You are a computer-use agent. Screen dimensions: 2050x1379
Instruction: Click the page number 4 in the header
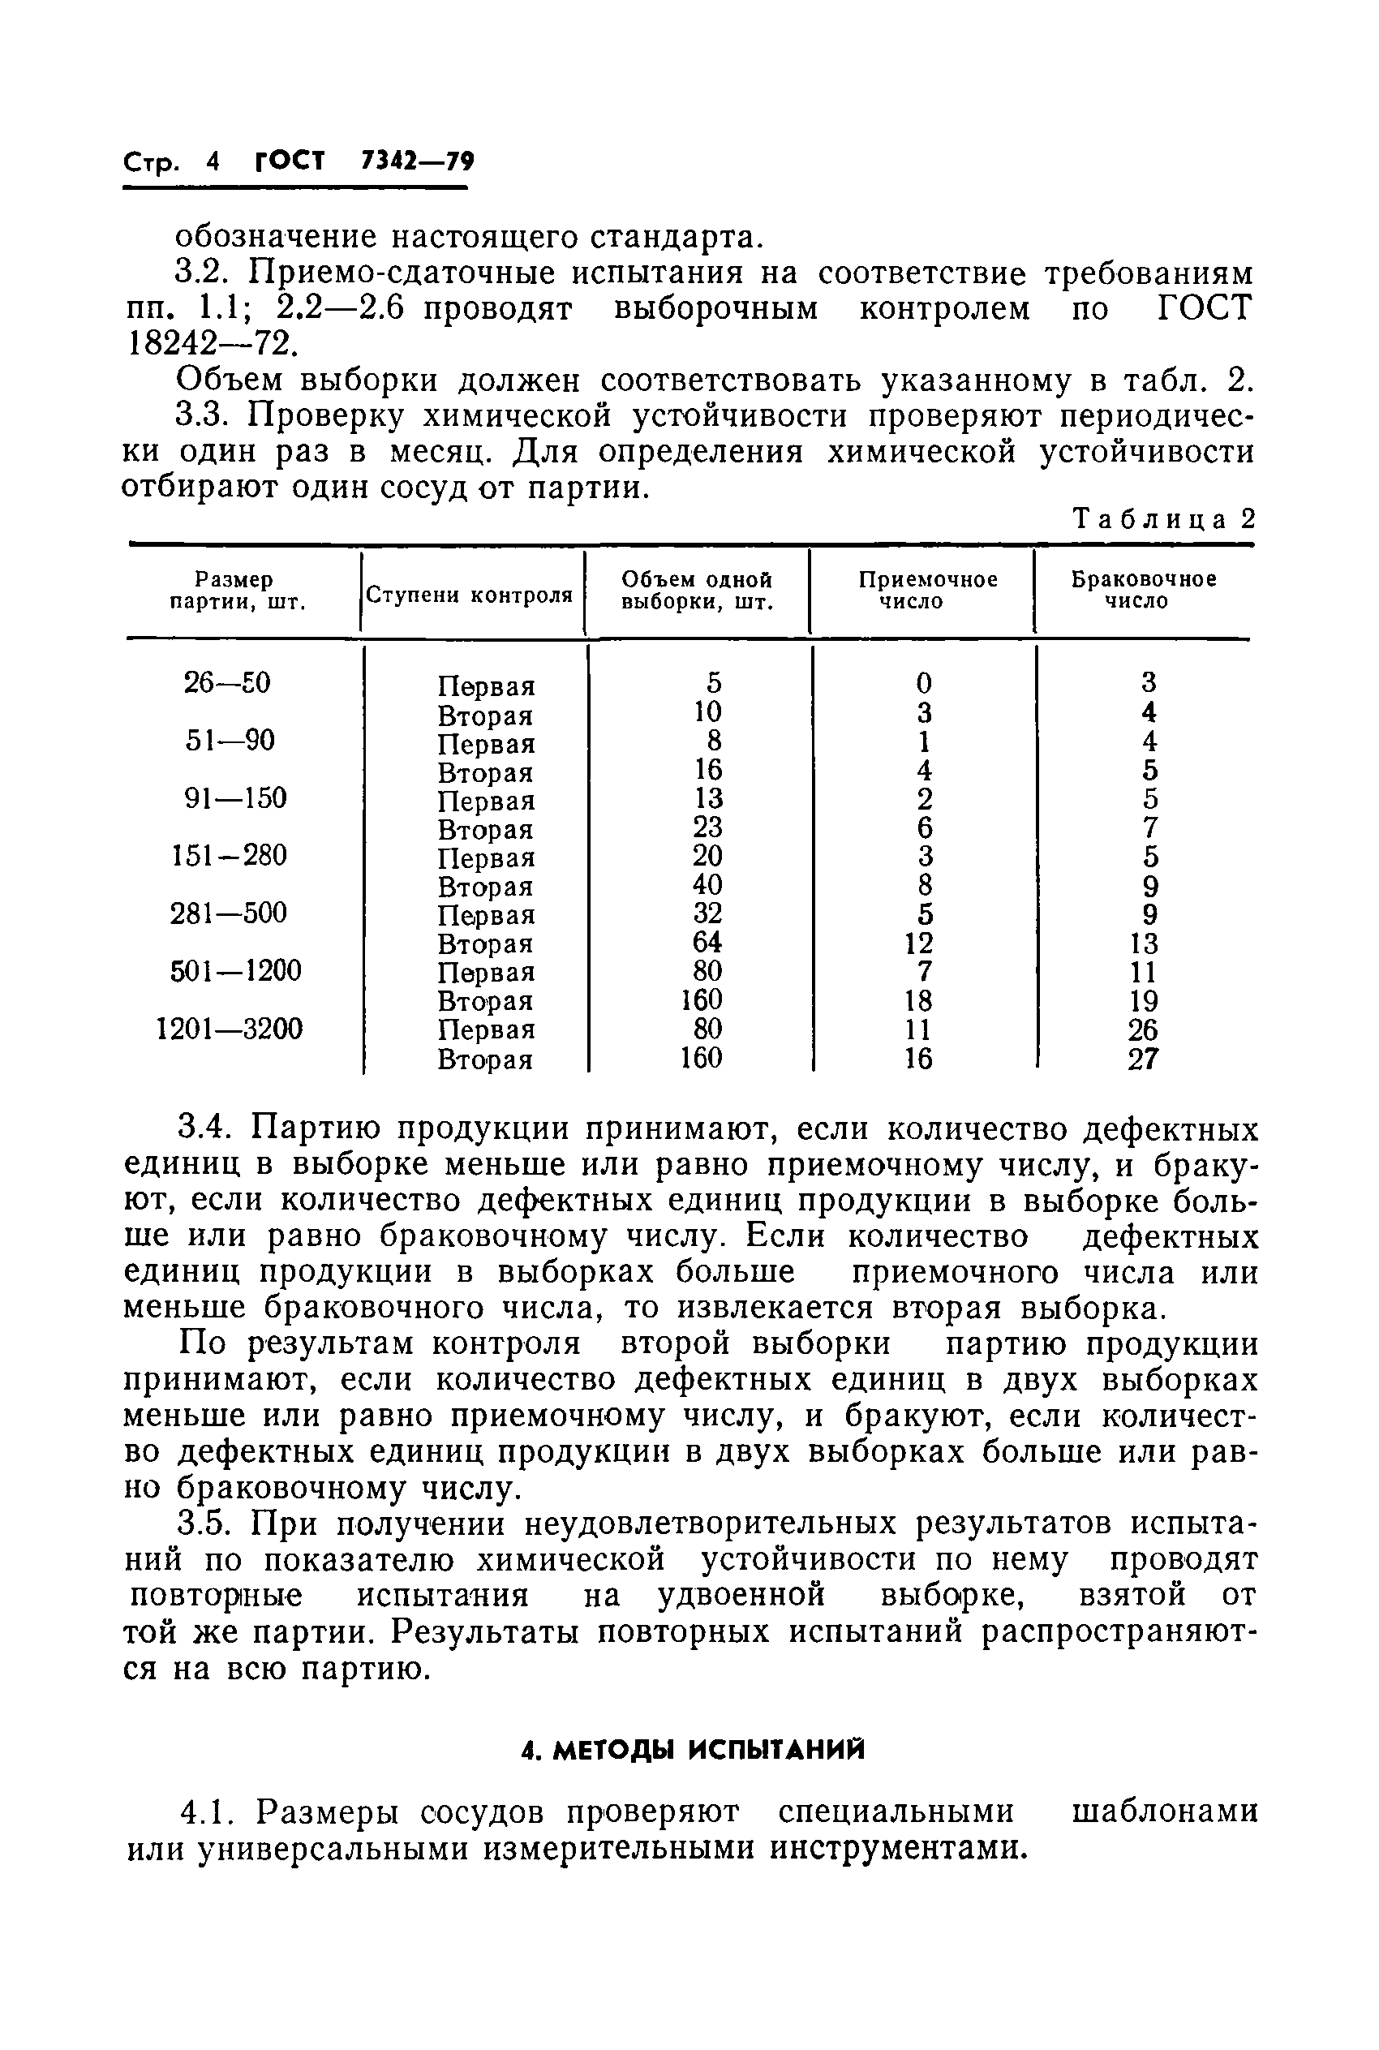(211, 161)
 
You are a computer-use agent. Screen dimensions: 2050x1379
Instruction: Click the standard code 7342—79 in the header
(417, 161)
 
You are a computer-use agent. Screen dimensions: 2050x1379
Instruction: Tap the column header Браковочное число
(1143, 590)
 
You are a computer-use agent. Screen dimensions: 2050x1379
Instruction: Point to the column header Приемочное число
(927, 590)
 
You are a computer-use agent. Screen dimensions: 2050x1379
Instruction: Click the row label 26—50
(227, 682)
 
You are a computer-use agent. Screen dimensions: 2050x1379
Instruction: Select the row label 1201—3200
(230, 1028)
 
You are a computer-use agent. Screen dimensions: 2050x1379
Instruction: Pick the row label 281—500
(229, 913)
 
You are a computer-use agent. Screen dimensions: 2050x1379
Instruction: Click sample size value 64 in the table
(707, 942)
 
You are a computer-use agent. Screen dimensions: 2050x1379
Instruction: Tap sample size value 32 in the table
(707, 913)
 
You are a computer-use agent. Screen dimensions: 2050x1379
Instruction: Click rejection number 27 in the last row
(1143, 1058)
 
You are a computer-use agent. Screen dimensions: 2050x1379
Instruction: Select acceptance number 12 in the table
(919, 943)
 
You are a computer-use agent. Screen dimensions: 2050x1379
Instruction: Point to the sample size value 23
(707, 827)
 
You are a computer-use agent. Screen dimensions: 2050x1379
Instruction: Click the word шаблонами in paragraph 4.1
(1164, 1811)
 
